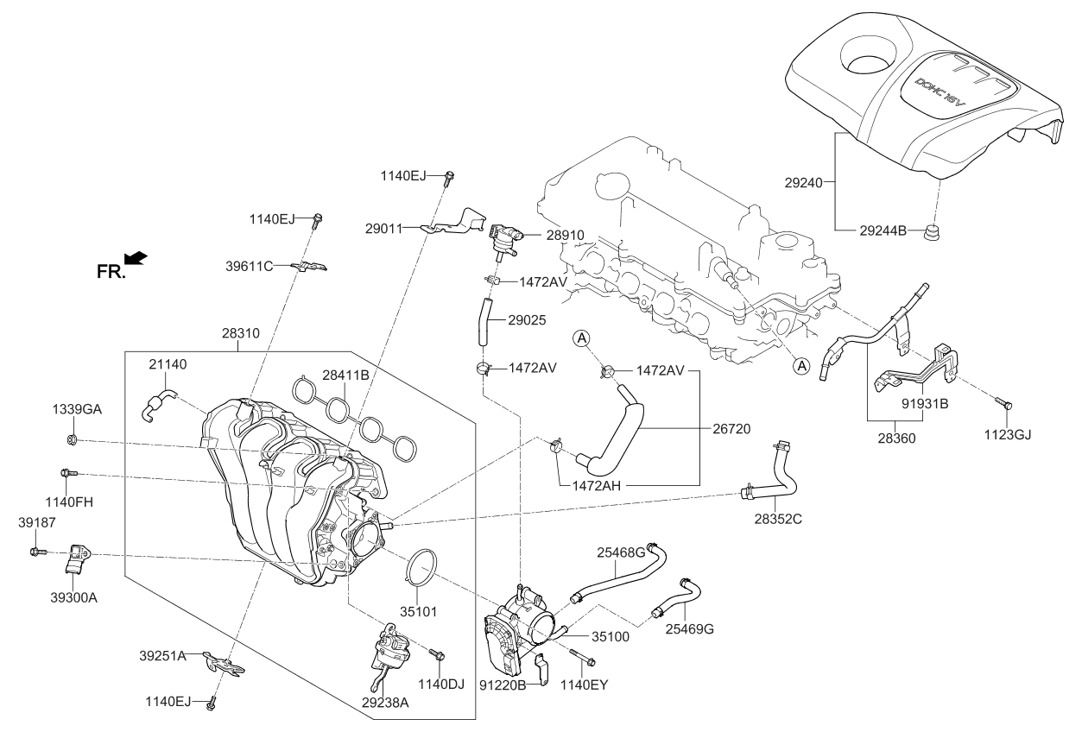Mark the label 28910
point(566,234)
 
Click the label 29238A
point(385,704)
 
